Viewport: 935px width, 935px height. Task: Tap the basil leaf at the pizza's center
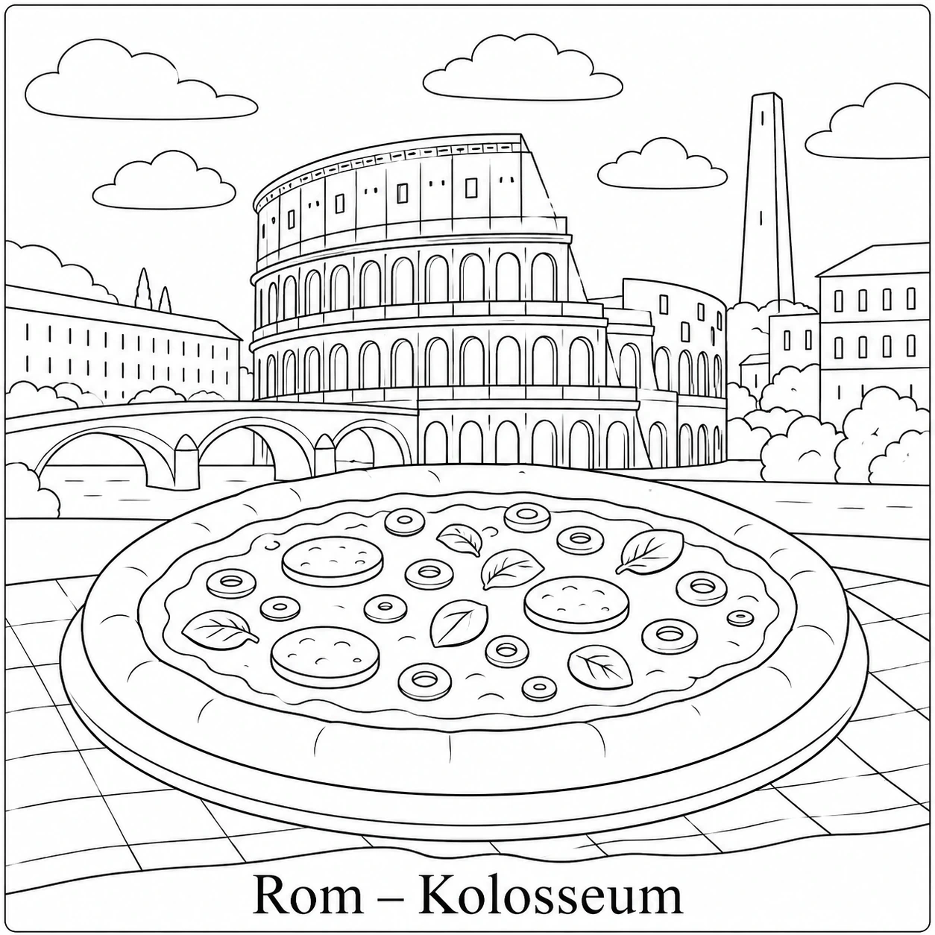coord(459,623)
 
